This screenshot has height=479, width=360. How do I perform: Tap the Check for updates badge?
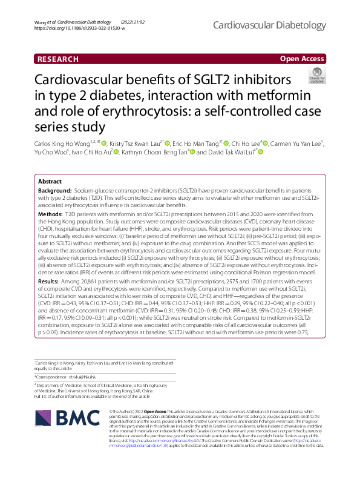pos(316,76)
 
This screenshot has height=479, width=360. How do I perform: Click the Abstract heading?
pos(50,181)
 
